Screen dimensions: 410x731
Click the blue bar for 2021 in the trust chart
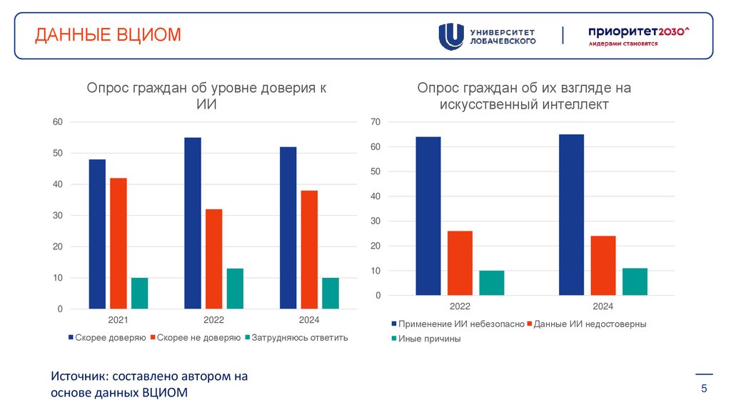tap(97, 234)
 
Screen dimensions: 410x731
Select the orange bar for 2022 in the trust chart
tap(213, 259)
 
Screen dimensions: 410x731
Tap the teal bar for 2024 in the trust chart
tap(331, 293)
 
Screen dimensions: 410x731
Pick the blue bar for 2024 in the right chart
tap(571, 215)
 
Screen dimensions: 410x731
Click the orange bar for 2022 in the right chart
tap(460, 263)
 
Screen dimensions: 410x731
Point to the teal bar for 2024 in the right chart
tap(635, 281)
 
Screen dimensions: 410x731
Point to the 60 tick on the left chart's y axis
tap(58, 122)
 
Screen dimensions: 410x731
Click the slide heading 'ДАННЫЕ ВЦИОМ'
tap(109, 35)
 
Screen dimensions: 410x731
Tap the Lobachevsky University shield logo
tap(450, 36)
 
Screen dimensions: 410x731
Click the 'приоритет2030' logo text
tap(637, 31)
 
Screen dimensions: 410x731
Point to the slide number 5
tap(704, 389)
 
